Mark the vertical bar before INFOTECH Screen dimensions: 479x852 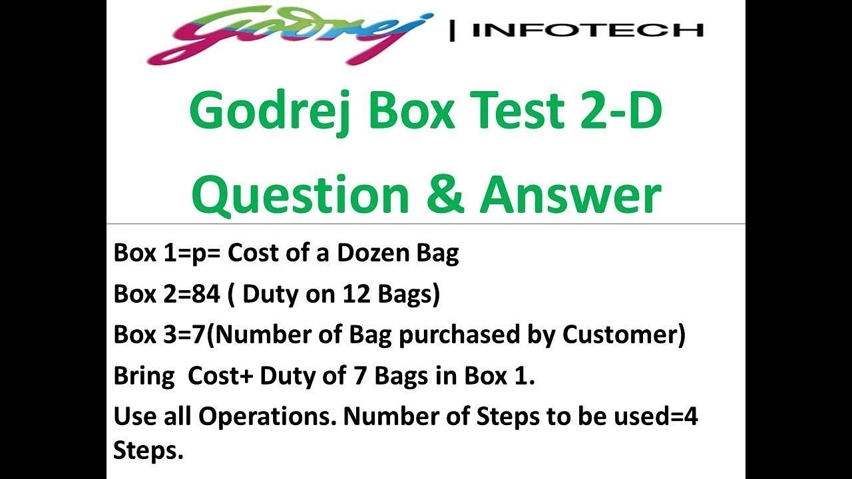tap(453, 30)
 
